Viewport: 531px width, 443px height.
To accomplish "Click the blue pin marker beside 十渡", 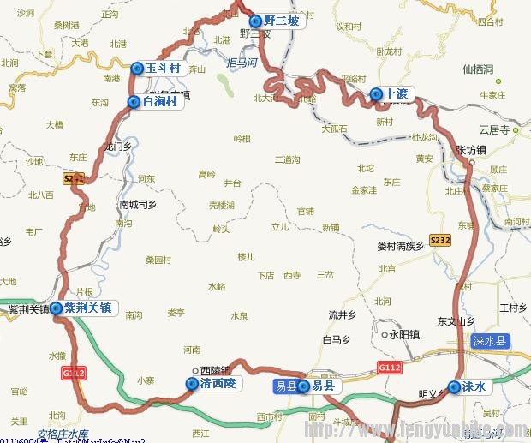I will (376, 93).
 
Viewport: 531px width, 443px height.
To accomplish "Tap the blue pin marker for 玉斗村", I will (137, 68).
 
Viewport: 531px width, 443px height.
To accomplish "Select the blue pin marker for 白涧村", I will (134, 102).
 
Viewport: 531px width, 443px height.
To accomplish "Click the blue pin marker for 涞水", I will (454, 386).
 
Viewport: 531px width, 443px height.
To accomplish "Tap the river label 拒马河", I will (242, 63).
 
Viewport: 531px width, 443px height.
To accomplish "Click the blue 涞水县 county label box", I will (490, 341).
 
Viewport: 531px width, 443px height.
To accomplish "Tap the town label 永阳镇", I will (403, 334).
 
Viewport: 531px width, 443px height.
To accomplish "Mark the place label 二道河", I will (287, 160).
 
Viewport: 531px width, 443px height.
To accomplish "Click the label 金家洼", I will (363, 190).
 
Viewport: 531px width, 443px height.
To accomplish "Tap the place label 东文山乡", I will (456, 321).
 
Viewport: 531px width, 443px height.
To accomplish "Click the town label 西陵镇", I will (214, 371).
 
